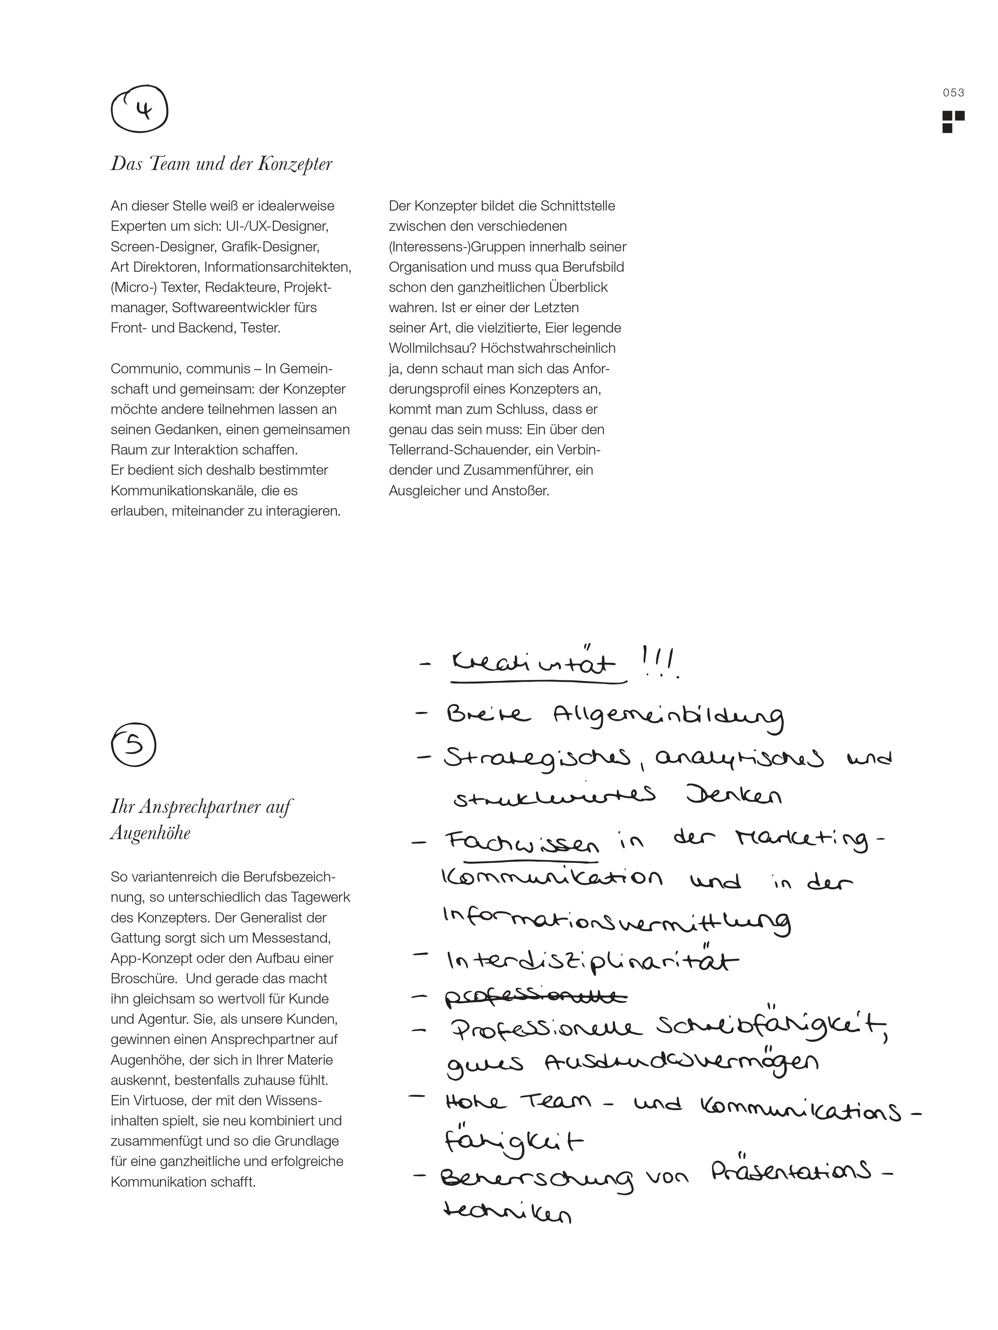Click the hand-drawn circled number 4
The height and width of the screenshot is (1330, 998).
pos(140,110)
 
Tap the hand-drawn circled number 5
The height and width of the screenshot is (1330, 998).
pos(134,744)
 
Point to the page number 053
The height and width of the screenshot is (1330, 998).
pos(953,93)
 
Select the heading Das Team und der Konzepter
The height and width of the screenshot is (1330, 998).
pos(222,164)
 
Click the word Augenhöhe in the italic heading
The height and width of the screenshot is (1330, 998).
pos(151,833)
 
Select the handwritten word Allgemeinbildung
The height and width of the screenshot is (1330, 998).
pos(668,717)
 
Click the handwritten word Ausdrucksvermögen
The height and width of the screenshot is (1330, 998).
pos(681,1063)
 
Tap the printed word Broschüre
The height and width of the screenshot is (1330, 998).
pos(145,978)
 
